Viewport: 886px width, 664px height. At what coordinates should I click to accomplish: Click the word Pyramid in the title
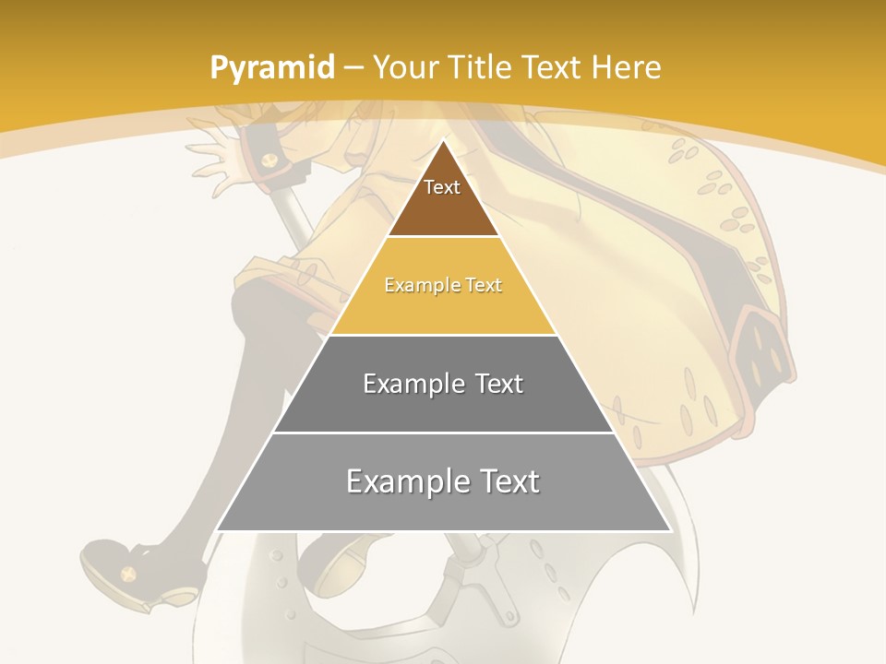tap(271, 67)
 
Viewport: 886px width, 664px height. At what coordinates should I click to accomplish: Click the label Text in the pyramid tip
tap(442, 187)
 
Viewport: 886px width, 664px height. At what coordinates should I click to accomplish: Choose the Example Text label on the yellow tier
tap(443, 285)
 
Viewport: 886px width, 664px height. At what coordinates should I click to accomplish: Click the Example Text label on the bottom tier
tap(443, 481)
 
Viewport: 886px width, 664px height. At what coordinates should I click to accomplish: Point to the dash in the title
tap(353, 67)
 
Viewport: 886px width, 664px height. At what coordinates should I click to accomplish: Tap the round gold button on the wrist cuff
tap(269, 161)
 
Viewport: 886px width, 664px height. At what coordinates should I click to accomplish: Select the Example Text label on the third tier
tap(443, 383)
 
